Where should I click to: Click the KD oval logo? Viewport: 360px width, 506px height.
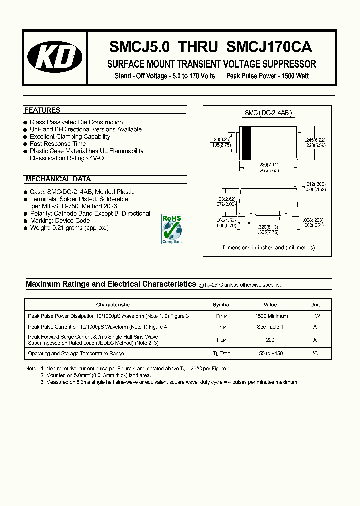55,58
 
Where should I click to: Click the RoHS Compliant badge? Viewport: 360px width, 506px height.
172,229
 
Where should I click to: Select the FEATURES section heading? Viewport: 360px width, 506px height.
42,110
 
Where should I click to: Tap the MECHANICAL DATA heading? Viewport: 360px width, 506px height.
58,179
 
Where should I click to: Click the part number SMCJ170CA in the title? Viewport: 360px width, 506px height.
269,47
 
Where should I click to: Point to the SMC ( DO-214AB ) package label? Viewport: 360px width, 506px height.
268,113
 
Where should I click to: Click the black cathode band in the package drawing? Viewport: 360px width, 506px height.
246,143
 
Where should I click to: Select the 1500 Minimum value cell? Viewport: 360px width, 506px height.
272,316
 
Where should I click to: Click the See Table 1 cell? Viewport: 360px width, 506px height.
270,327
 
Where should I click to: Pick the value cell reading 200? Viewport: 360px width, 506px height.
270,340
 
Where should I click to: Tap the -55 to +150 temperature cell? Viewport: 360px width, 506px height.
270,353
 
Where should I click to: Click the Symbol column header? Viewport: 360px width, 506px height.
221,304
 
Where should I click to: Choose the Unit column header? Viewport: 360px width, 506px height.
315,304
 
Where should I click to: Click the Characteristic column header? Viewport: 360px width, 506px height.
113,304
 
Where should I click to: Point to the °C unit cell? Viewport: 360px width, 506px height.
315,353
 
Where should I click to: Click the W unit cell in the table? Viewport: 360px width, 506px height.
317,316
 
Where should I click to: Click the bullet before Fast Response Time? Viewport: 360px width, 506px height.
25,144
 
